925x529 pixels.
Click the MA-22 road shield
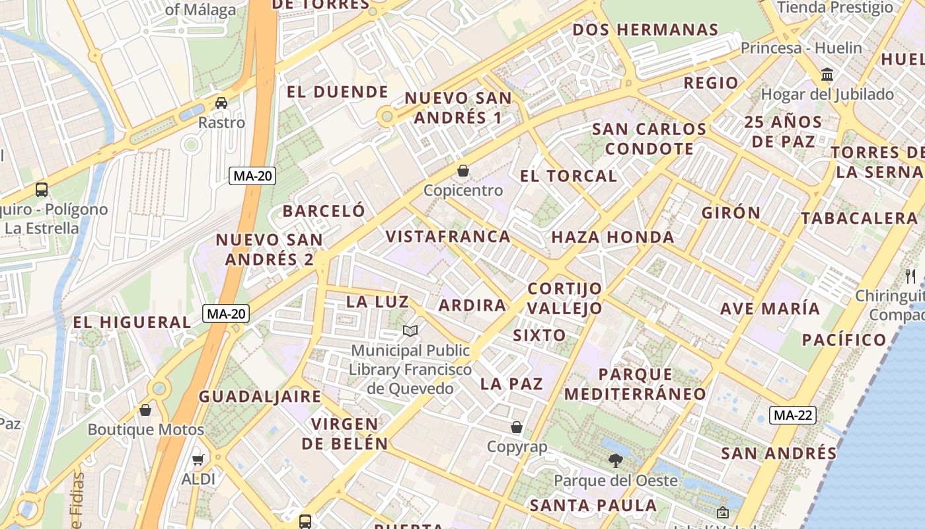tap(792, 415)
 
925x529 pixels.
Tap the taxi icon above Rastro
tap(221, 102)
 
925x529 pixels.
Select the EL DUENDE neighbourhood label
tap(337, 92)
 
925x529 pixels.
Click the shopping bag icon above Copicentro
tap(463, 171)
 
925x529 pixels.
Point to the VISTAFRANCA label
tap(448, 236)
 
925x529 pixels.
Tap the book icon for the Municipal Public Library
tap(410, 331)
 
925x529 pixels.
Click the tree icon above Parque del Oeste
tap(616, 460)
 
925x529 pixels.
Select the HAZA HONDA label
tap(612, 237)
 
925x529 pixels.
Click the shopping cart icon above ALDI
tap(198, 460)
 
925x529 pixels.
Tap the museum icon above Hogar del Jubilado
tap(827, 74)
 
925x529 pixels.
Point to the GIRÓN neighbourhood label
tap(731, 213)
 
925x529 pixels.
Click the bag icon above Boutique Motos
tap(145, 410)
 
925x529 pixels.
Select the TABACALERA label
tap(859, 218)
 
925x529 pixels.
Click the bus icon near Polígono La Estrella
tap(42, 190)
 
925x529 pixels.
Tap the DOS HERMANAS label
tap(645, 30)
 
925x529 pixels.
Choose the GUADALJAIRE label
tap(260, 397)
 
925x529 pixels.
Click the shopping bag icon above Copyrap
tap(517, 427)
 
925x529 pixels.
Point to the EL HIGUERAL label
tap(131, 322)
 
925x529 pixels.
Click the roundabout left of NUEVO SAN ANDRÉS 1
tap(387, 117)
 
